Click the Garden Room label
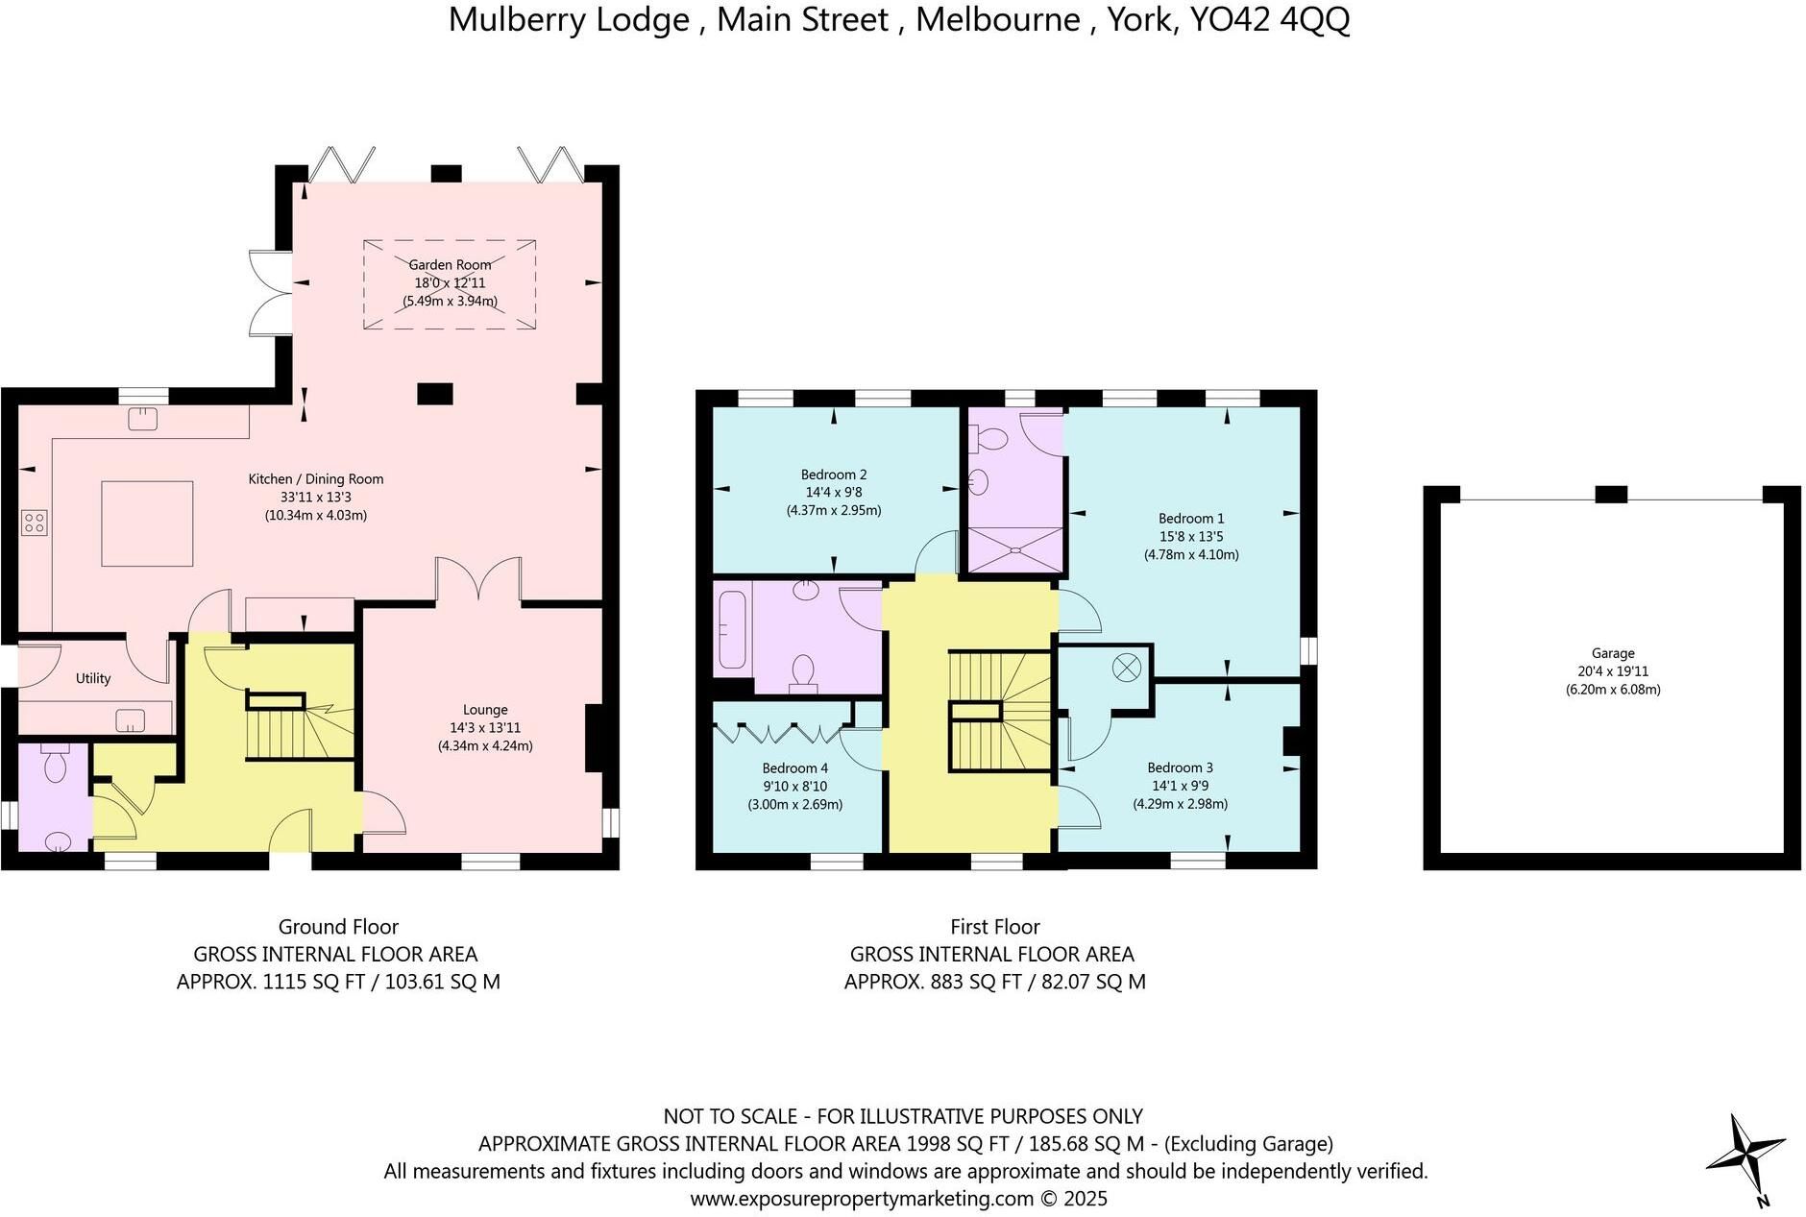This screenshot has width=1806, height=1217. coord(450,264)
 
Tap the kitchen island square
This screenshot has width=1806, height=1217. coord(148,523)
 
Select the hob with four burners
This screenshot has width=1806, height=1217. coord(35,523)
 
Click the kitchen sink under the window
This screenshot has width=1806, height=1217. coord(143,419)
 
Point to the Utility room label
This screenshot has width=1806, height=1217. coord(93,678)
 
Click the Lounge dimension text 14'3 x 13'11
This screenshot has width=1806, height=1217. coord(485,728)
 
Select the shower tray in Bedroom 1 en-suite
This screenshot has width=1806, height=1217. coord(1014,549)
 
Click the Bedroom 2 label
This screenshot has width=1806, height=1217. coord(834,475)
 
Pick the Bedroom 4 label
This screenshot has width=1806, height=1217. coord(795,768)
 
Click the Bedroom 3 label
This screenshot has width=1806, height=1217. coord(1180,767)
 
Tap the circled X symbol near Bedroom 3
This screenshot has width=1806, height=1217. coord(1126,666)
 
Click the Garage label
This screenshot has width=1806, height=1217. coord(1613,653)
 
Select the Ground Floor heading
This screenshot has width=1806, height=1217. coord(338,927)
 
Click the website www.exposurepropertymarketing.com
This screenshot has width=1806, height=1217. coord(863,1199)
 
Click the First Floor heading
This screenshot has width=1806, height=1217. coord(995,927)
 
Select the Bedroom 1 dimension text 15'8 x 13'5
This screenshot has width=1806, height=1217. coord(1191,537)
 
